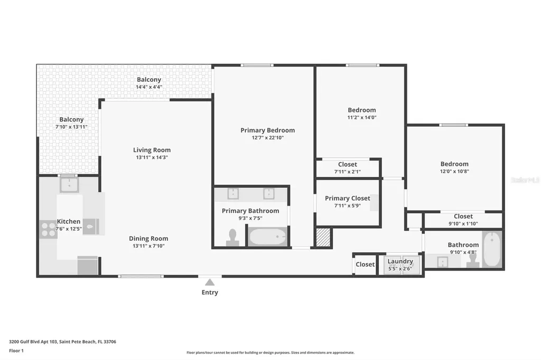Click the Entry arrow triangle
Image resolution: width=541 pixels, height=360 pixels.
[210, 282]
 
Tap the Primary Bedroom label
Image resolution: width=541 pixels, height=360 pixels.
[268, 130]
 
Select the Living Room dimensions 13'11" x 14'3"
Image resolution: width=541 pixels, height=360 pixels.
[152, 157]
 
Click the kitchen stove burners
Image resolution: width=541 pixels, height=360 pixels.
[48, 229]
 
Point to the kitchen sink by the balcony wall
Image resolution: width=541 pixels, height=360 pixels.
[69, 185]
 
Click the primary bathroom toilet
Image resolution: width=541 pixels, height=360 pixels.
[232, 238]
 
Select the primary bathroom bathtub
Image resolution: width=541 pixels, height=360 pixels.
[268, 237]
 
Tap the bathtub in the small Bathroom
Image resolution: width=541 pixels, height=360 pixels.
[492, 249]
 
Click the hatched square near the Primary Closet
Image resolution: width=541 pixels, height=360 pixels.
[324, 237]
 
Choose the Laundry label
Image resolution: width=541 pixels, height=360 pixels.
[400, 261]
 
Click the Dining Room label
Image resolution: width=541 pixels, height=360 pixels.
[148, 238]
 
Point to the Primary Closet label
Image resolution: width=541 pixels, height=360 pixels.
[348, 198]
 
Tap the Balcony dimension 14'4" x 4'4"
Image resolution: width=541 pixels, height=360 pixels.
[148, 87]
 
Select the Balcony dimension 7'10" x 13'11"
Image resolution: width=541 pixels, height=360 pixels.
[71, 127]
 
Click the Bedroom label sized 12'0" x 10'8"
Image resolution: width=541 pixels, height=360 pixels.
[454, 164]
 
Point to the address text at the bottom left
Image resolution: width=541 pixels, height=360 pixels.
[62, 342]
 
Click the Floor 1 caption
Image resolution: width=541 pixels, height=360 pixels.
[16, 350]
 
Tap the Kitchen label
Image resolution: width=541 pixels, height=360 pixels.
[69, 221]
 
